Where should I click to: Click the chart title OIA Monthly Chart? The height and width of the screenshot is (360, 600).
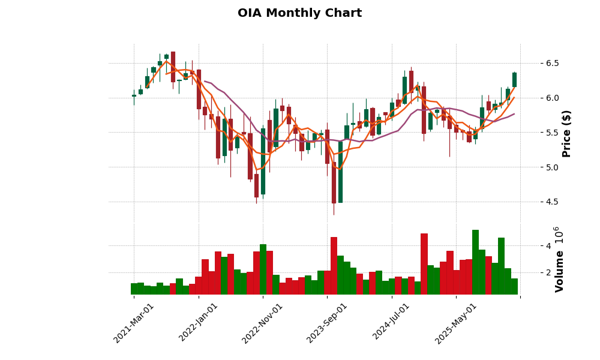pos(299,13)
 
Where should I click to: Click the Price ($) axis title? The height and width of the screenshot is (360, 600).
pos(567,133)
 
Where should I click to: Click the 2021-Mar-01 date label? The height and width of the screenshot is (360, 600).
pos(134,323)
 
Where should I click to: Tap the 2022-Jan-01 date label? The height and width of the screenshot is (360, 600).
pos(199,323)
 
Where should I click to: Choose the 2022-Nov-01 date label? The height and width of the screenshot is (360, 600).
pos(263,323)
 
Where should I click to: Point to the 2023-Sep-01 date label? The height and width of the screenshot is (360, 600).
pos(327,323)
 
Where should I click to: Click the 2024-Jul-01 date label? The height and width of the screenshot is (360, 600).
pos(391,323)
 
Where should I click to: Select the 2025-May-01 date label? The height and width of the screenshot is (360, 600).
pos(456,323)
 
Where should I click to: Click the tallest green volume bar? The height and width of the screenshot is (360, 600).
pos(475,262)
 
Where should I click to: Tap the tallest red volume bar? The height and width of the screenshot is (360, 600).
pos(424,264)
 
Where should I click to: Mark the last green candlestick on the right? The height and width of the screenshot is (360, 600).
pos(514,80)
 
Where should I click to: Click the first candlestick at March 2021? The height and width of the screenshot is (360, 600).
pos(134,95)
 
